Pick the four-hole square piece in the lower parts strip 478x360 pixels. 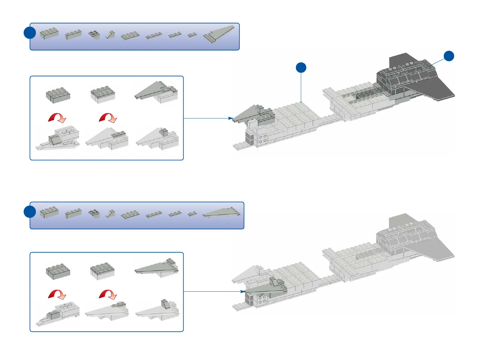[x=94, y=213]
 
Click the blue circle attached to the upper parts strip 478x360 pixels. [x=30, y=33]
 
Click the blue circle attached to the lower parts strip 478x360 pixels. [x=30, y=212]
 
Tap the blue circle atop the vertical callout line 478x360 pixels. [x=301, y=68]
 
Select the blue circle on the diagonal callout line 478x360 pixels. [x=449, y=56]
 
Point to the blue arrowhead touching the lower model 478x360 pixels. [x=243, y=291]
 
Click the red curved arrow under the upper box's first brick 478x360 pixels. [x=57, y=118]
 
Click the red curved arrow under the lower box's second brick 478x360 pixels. [x=108, y=294]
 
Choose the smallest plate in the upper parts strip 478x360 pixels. [x=192, y=35]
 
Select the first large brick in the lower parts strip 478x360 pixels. [x=49, y=212]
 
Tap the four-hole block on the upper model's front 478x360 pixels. [x=262, y=139]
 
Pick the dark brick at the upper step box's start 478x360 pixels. [x=58, y=95]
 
